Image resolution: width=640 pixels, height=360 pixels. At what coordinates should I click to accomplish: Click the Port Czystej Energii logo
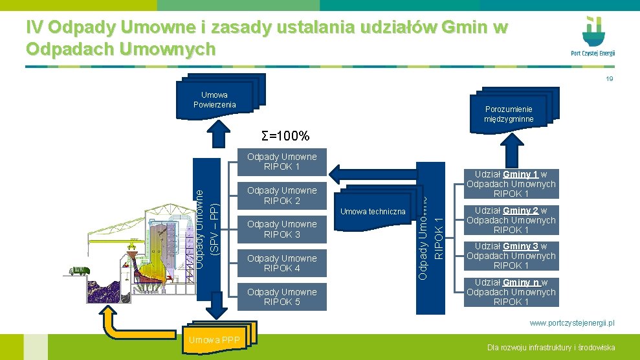[593, 36]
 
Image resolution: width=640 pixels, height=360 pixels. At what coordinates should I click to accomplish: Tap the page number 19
[609, 79]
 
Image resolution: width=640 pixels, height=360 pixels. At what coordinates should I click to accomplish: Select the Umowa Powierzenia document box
[215, 100]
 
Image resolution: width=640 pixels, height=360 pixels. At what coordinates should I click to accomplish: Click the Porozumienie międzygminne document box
[509, 114]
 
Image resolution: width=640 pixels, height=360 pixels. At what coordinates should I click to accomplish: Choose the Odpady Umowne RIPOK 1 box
[281, 162]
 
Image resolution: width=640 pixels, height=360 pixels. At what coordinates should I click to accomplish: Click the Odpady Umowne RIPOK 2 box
[281, 196]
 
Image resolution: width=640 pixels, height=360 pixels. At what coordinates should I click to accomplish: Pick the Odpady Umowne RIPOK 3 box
[281, 229]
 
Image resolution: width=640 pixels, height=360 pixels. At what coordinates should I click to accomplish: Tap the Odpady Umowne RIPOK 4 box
[281, 264]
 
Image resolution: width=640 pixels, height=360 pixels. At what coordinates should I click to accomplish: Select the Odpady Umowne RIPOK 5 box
[281, 297]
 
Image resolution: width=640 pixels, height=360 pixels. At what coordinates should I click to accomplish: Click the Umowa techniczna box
[373, 211]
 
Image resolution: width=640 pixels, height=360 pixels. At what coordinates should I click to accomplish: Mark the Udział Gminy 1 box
[511, 184]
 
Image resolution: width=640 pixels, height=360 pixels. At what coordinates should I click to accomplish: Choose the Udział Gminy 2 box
[511, 220]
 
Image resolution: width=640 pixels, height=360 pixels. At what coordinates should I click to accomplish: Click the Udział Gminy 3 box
[511, 256]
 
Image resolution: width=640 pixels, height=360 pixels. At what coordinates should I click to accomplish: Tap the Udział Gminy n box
[511, 292]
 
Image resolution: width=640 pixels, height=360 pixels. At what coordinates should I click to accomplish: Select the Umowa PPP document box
[214, 339]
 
